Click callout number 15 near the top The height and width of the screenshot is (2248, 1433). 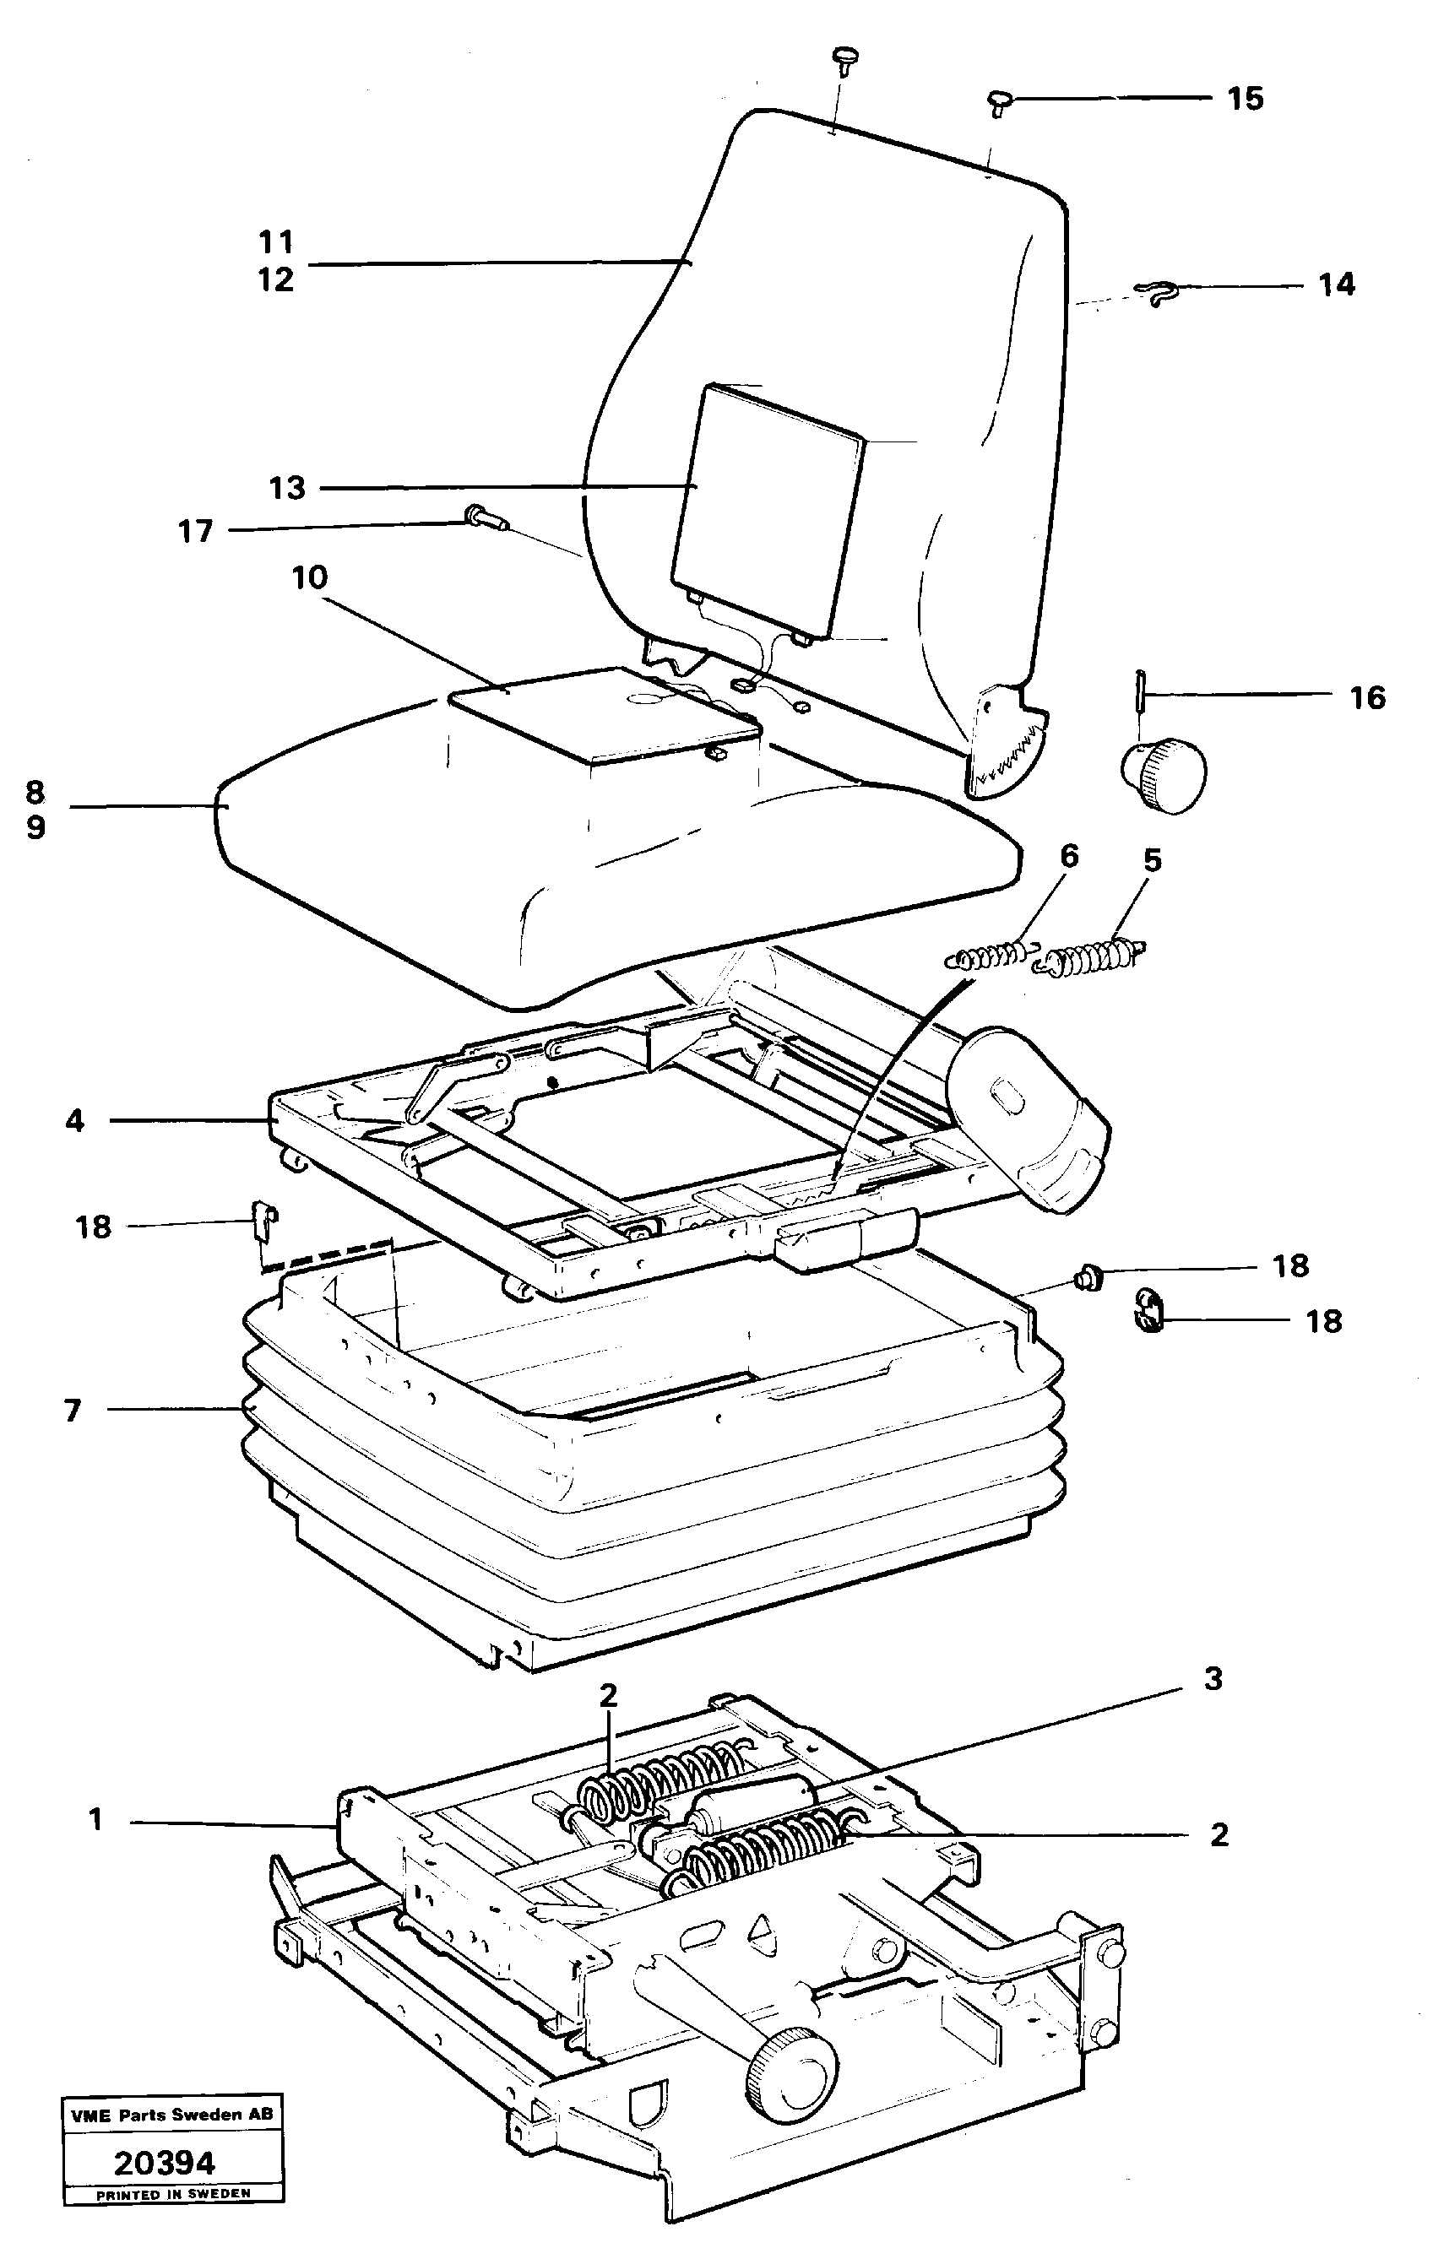[1245, 99]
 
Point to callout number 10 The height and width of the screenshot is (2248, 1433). [309, 578]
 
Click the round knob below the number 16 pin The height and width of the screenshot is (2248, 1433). [1165, 774]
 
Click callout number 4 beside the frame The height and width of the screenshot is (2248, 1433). [74, 1120]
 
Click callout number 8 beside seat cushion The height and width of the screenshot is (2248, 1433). [35, 793]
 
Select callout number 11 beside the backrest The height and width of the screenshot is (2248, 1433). [276, 243]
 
